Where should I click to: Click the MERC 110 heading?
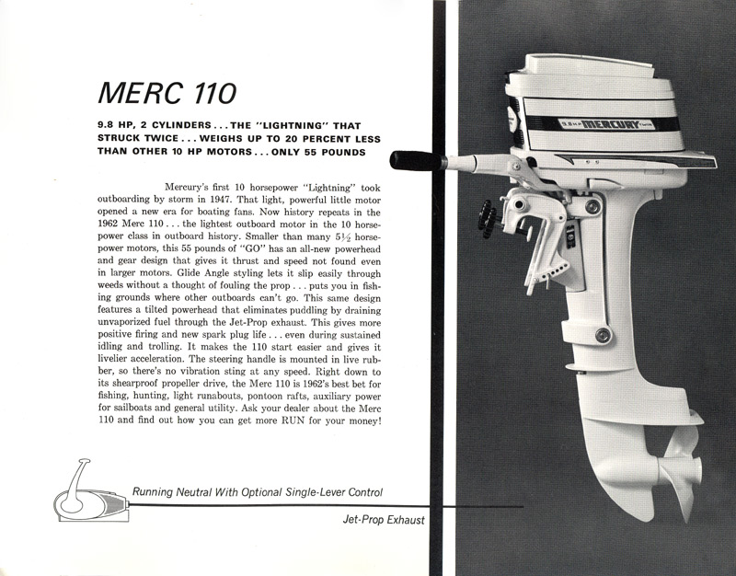[167, 93]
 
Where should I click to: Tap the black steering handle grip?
[417, 161]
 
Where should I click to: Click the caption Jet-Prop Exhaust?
[384, 520]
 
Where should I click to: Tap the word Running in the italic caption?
[153, 492]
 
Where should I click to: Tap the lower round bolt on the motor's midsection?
[603, 335]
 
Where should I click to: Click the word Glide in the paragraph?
[216, 273]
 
